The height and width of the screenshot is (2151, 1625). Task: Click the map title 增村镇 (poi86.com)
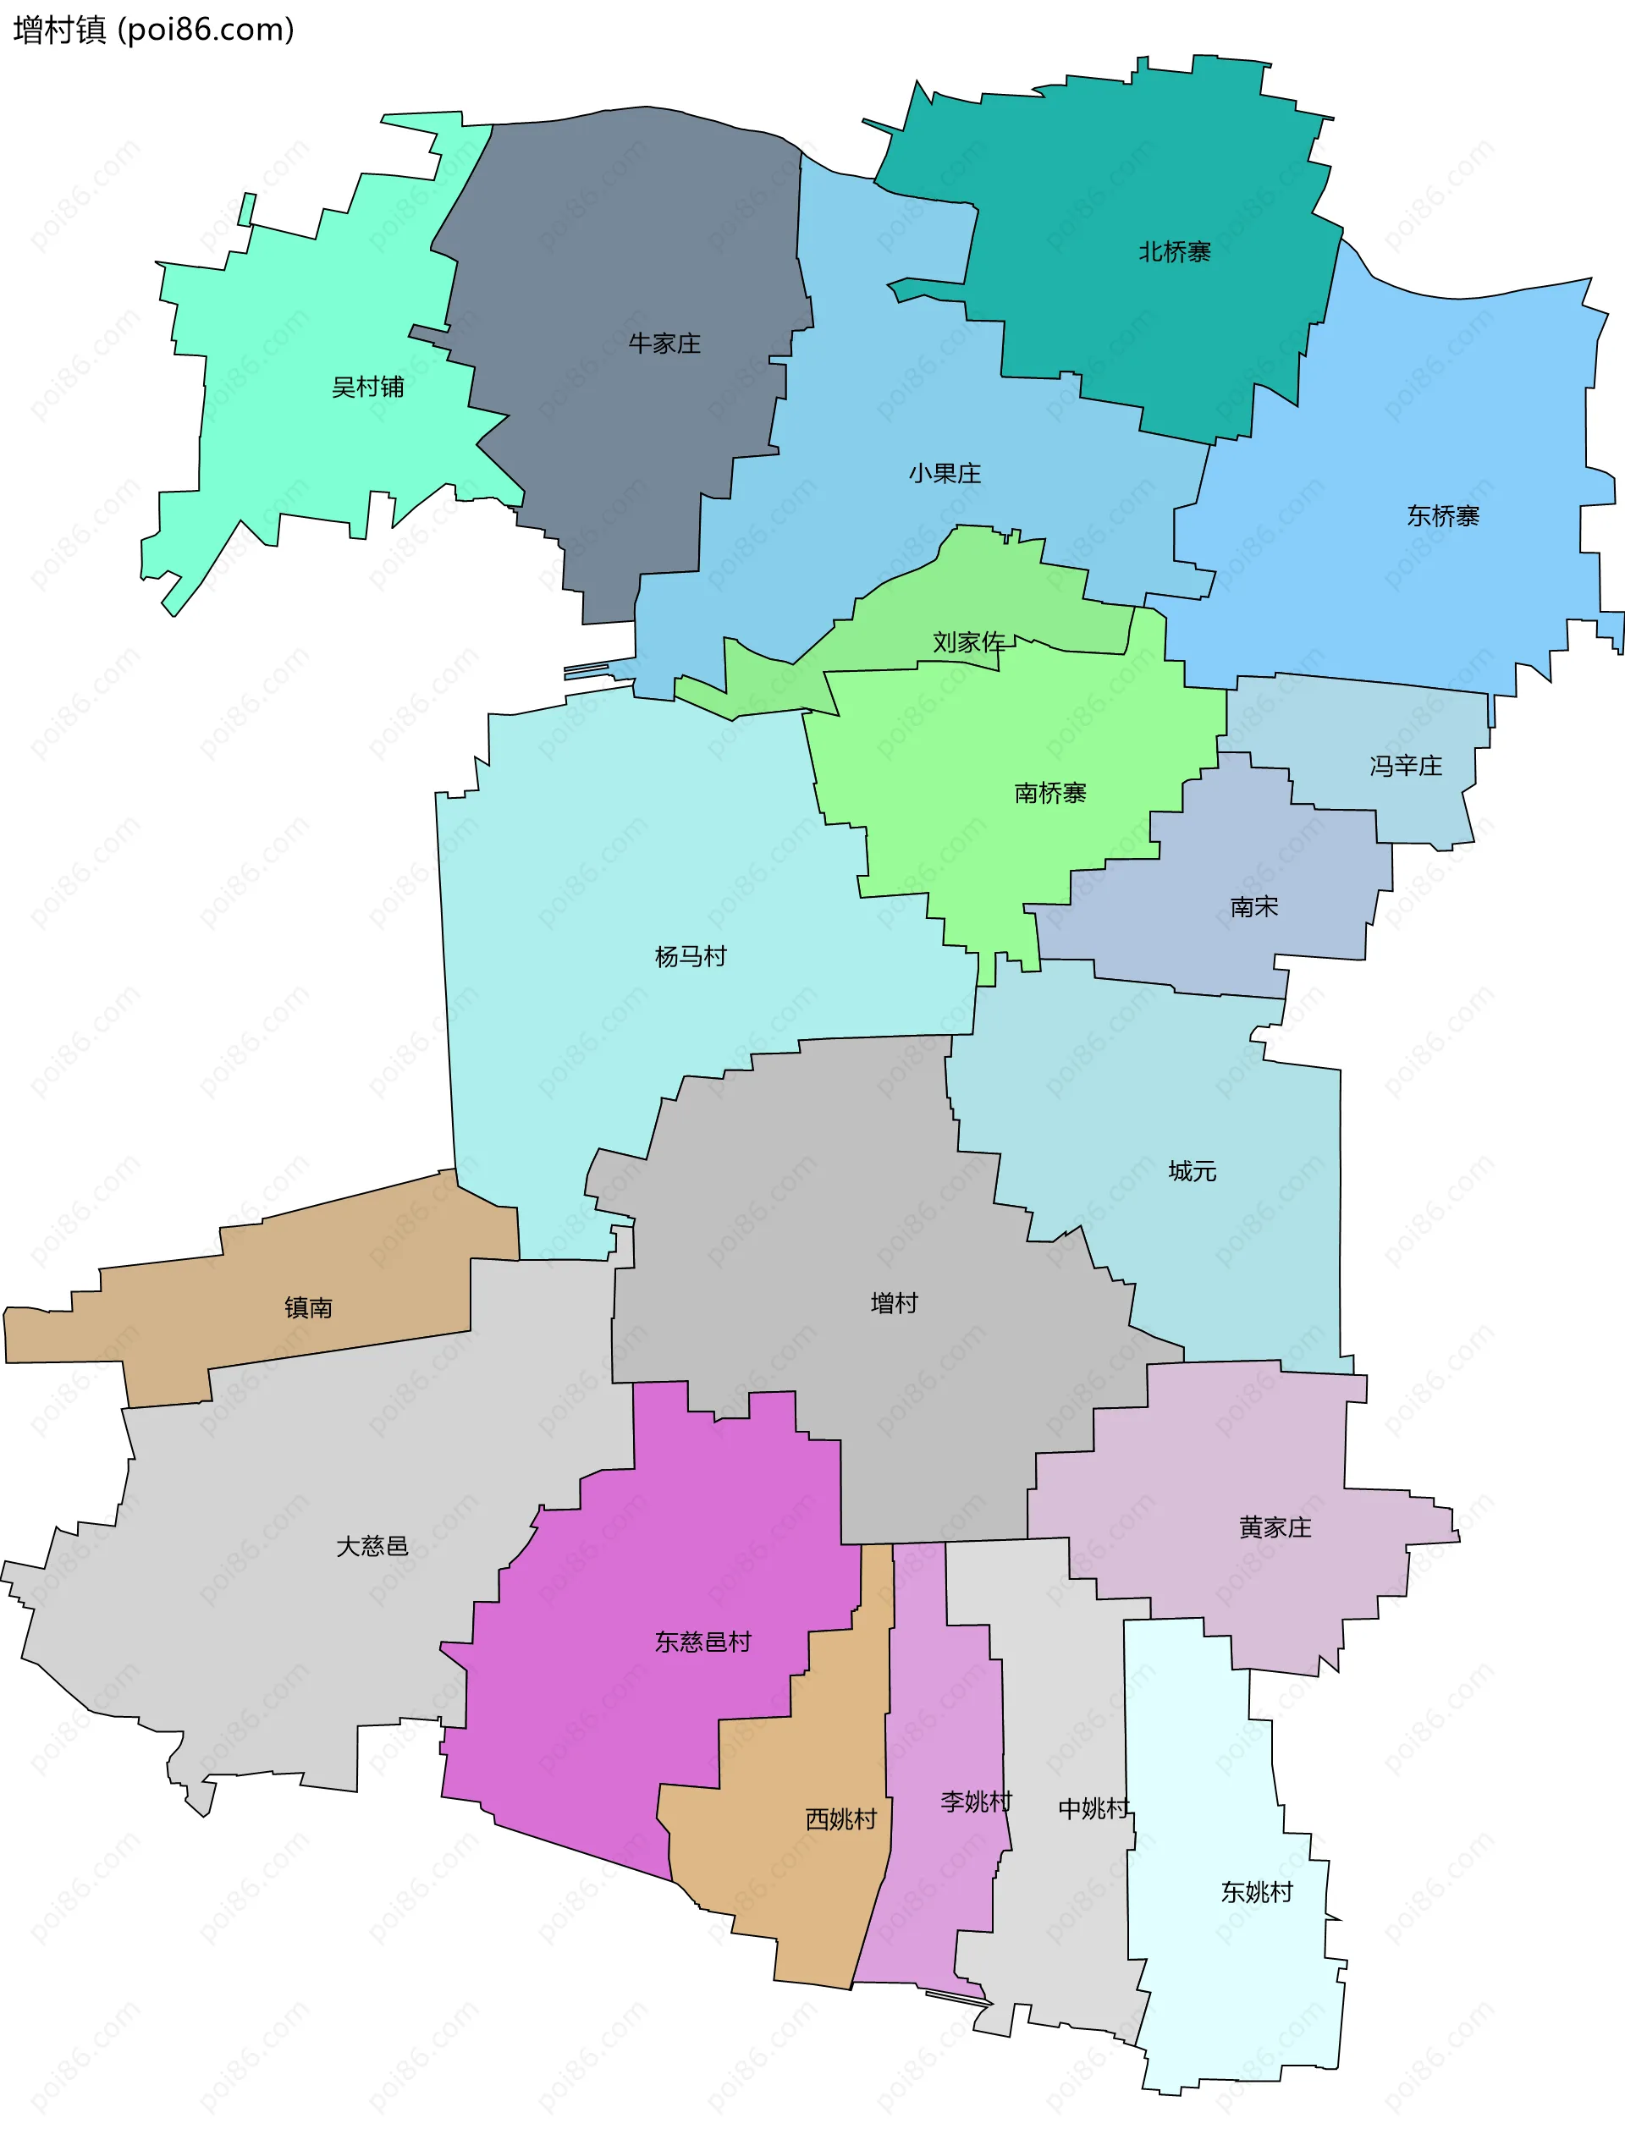[154, 30]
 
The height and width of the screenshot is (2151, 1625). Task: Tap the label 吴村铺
[367, 387]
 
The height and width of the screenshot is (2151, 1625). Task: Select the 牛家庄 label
[664, 344]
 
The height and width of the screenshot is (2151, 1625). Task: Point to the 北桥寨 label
[1175, 252]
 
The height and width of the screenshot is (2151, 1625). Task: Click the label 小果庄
[945, 474]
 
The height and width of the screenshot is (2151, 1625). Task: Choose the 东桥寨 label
[1442, 516]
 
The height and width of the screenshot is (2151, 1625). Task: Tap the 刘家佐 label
[968, 641]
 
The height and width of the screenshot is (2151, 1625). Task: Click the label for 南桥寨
[1049, 794]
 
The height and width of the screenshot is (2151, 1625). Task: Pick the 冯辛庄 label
[1405, 767]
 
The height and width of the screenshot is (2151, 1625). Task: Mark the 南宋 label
[1253, 907]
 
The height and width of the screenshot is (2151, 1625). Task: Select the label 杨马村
[691, 957]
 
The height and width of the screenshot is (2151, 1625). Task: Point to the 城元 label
[1193, 1171]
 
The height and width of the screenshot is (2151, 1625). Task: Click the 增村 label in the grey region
[894, 1303]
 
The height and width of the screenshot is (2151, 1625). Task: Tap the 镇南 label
[308, 1308]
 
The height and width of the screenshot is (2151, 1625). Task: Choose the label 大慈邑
[372, 1546]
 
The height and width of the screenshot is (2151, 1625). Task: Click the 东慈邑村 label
[702, 1642]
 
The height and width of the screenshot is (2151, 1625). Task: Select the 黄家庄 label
[1275, 1527]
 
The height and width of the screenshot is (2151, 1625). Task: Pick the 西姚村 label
[841, 1819]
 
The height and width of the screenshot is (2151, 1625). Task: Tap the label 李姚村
[975, 1802]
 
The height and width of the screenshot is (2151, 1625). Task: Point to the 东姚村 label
[1257, 1892]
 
